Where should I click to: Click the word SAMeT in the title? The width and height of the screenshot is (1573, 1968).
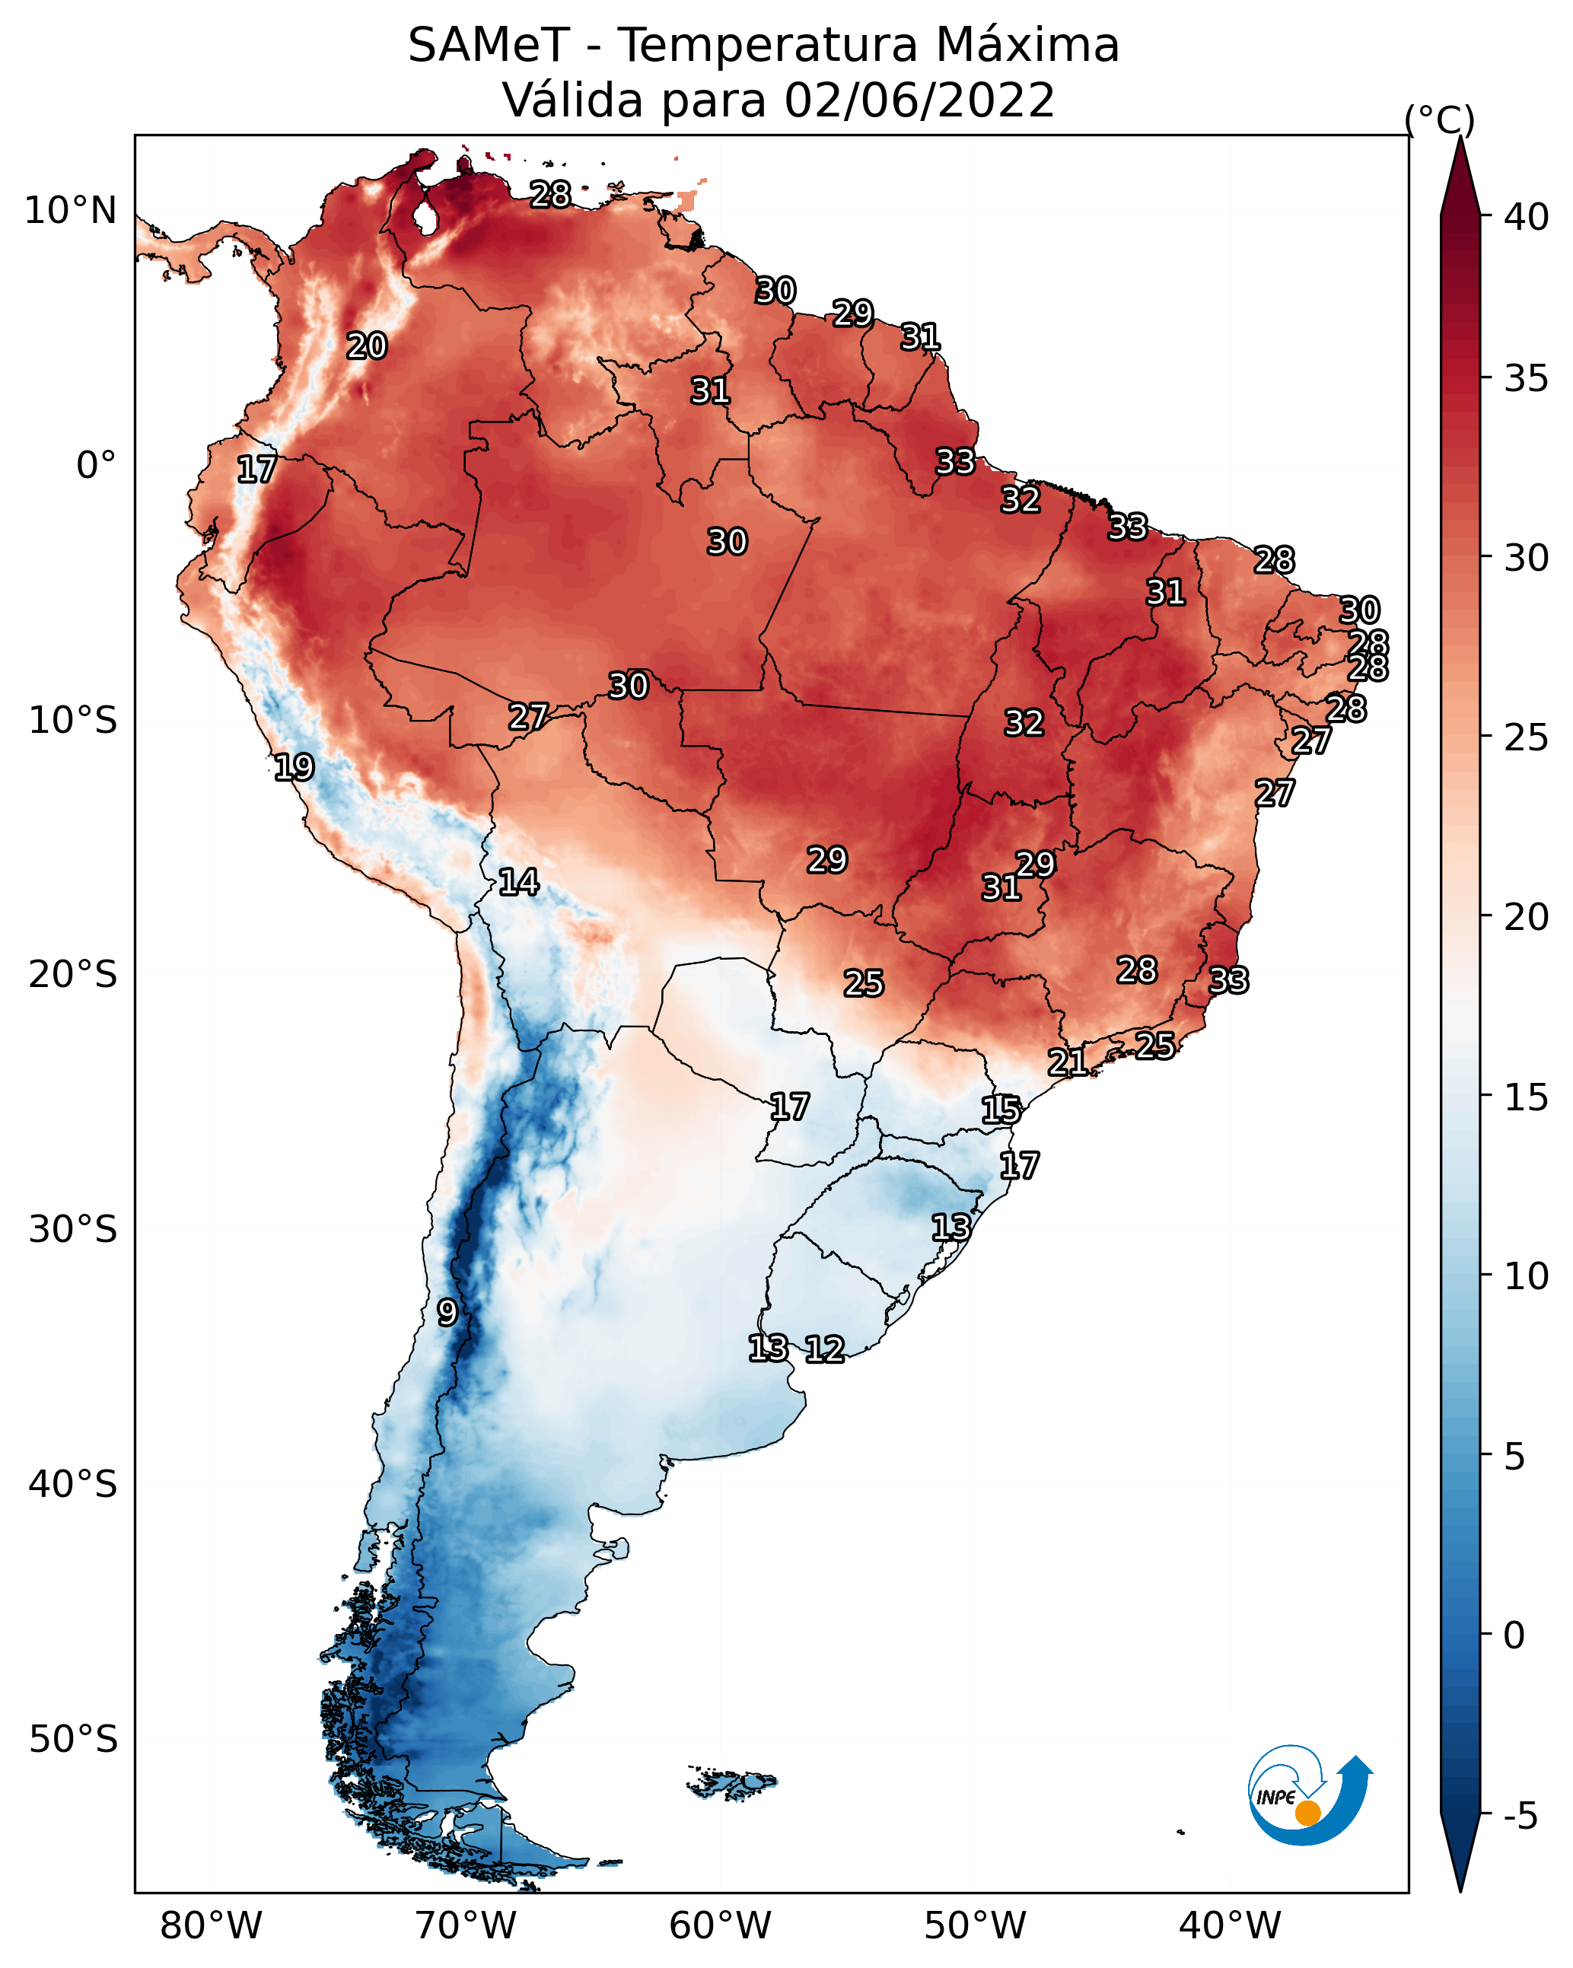coord(489,46)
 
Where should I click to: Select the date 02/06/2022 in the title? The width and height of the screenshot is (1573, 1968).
coord(919,100)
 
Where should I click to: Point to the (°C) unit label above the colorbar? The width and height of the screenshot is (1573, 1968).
coord(1439,119)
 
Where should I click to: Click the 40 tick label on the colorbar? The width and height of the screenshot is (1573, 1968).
coord(1527,217)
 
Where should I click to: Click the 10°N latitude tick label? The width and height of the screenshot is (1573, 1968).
coord(70,211)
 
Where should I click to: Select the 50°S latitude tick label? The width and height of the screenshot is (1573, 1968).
coord(73,1740)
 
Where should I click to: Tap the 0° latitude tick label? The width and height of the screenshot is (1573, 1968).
coord(96,466)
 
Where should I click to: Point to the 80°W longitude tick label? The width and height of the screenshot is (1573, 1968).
coord(211,1926)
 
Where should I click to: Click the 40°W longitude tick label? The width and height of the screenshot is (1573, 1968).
coord(1230,1926)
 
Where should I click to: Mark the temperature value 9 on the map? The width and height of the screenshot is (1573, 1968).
coord(447,1313)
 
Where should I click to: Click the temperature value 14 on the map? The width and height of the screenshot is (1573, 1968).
coord(517,882)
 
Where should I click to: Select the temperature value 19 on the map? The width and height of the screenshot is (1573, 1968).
coord(293,767)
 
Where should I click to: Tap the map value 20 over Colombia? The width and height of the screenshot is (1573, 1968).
coord(366,346)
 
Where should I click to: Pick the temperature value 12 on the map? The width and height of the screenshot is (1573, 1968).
coord(823,1349)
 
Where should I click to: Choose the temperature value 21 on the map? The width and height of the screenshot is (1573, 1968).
coord(1066,1062)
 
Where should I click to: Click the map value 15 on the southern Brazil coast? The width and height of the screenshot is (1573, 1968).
coord(1001,1110)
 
